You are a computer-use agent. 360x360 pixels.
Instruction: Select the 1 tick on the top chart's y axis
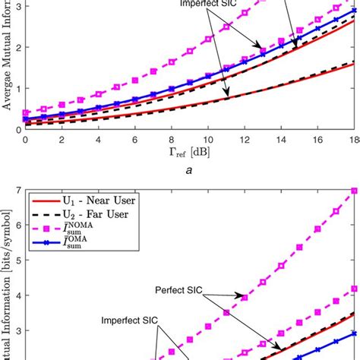[x=18, y=87]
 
